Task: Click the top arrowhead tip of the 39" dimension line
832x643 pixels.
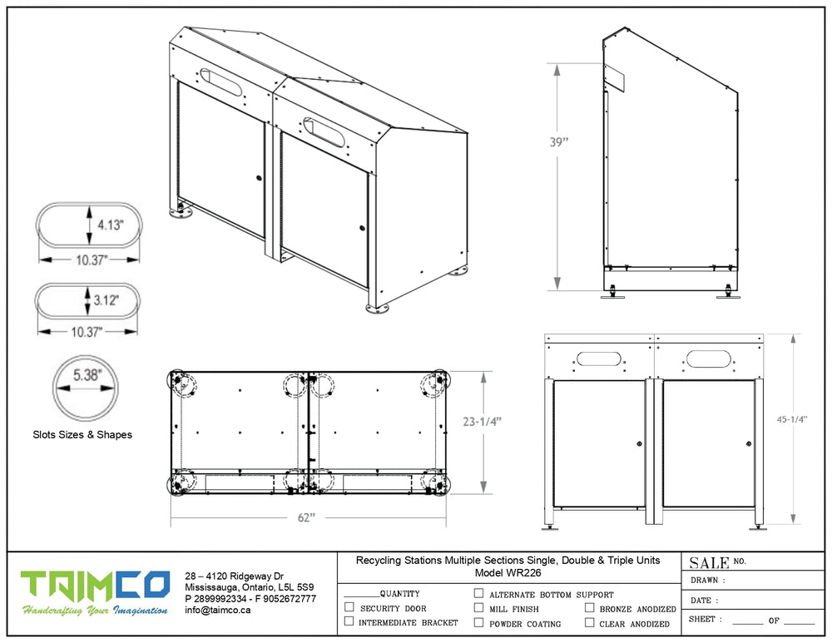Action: [x=557, y=64]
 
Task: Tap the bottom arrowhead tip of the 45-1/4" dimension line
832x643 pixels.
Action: [x=793, y=523]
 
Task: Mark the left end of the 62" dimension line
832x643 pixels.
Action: [x=171, y=517]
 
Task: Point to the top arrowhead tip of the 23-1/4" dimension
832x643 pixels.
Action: [x=483, y=372]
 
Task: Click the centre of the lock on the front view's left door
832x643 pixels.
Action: [x=639, y=443]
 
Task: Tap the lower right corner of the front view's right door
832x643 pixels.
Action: [x=755, y=506]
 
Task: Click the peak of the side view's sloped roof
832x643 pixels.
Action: [x=625, y=27]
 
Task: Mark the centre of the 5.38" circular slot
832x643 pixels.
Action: [x=86, y=388]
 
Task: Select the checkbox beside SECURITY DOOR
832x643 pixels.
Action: [x=349, y=607]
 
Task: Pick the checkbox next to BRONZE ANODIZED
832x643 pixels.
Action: [x=589, y=608]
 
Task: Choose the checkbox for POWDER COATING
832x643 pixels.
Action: [x=478, y=622]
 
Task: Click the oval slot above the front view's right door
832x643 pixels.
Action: [x=708, y=359]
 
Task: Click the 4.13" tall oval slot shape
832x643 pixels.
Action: [x=89, y=224]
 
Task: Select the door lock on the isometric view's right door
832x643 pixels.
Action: [x=363, y=228]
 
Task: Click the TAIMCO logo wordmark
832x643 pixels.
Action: [x=96, y=586]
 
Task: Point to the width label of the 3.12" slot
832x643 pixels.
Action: [x=86, y=332]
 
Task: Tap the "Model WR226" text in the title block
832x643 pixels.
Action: [x=508, y=573]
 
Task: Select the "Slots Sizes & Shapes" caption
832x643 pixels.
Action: [x=82, y=434]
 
